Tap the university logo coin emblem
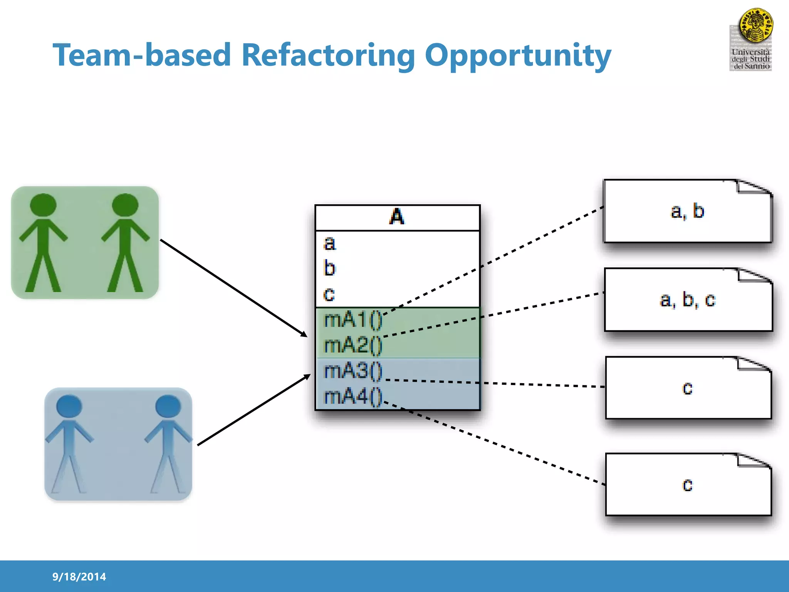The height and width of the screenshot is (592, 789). click(x=755, y=25)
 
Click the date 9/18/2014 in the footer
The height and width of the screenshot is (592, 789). click(x=79, y=577)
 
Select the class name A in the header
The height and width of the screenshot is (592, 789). click(x=397, y=217)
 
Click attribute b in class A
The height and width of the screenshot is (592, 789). click(x=330, y=268)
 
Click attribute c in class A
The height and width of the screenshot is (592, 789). click(x=329, y=294)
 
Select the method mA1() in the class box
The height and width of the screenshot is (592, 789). click(x=353, y=320)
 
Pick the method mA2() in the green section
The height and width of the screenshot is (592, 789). click(x=353, y=345)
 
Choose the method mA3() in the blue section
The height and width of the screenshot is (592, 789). click(x=353, y=371)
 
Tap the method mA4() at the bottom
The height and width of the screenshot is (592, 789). click(x=353, y=396)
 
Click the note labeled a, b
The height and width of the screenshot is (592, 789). click(x=687, y=211)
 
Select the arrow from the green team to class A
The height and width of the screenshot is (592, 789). click(x=233, y=288)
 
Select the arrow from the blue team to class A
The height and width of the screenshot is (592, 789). click(x=253, y=410)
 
